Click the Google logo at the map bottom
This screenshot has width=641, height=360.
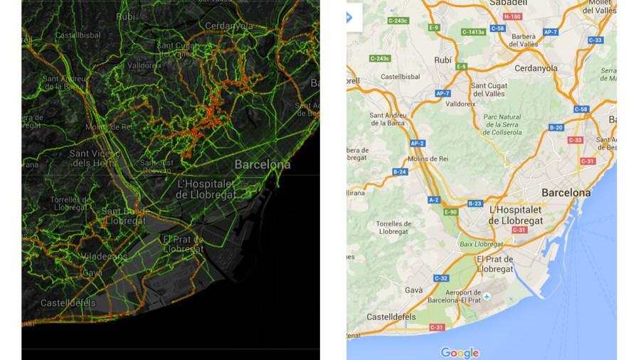coord(460,352)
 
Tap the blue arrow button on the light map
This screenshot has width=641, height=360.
coord(349,17)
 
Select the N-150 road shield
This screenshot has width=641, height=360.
coord(512,16)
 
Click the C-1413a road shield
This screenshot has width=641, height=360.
coord(473,32)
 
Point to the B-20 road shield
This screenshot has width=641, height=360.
coord(556,128)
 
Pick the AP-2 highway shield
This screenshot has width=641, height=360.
coord(418,143)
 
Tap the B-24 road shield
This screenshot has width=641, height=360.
coord(400,171)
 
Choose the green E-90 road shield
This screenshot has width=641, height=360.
coord(451,212)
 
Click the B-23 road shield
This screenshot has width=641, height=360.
coord(475,203)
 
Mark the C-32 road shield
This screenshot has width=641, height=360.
coord(440,278)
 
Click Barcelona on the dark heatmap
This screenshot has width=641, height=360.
coord(263,164)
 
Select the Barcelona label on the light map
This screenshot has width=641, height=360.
coord(566,193)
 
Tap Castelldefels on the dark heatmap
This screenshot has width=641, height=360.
coord(68,303)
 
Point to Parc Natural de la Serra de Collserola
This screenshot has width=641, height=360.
coord(502,124)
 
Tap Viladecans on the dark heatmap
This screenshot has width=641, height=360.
coord(104,256)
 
